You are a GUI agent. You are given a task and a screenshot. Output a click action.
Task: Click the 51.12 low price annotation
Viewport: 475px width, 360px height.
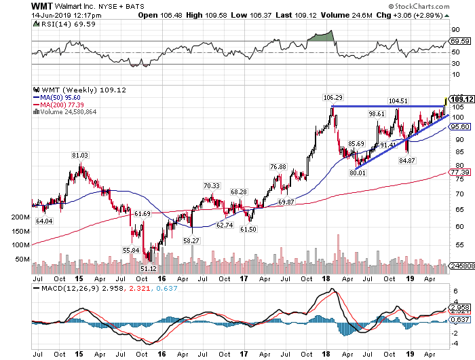click(148, 268)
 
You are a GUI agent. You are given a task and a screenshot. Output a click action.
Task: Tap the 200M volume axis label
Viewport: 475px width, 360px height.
click(22, 217)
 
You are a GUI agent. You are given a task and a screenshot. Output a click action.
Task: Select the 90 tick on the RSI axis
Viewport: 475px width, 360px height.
click(454, 31)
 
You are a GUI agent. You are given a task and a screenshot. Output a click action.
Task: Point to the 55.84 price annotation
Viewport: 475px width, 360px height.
click(131, 251)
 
